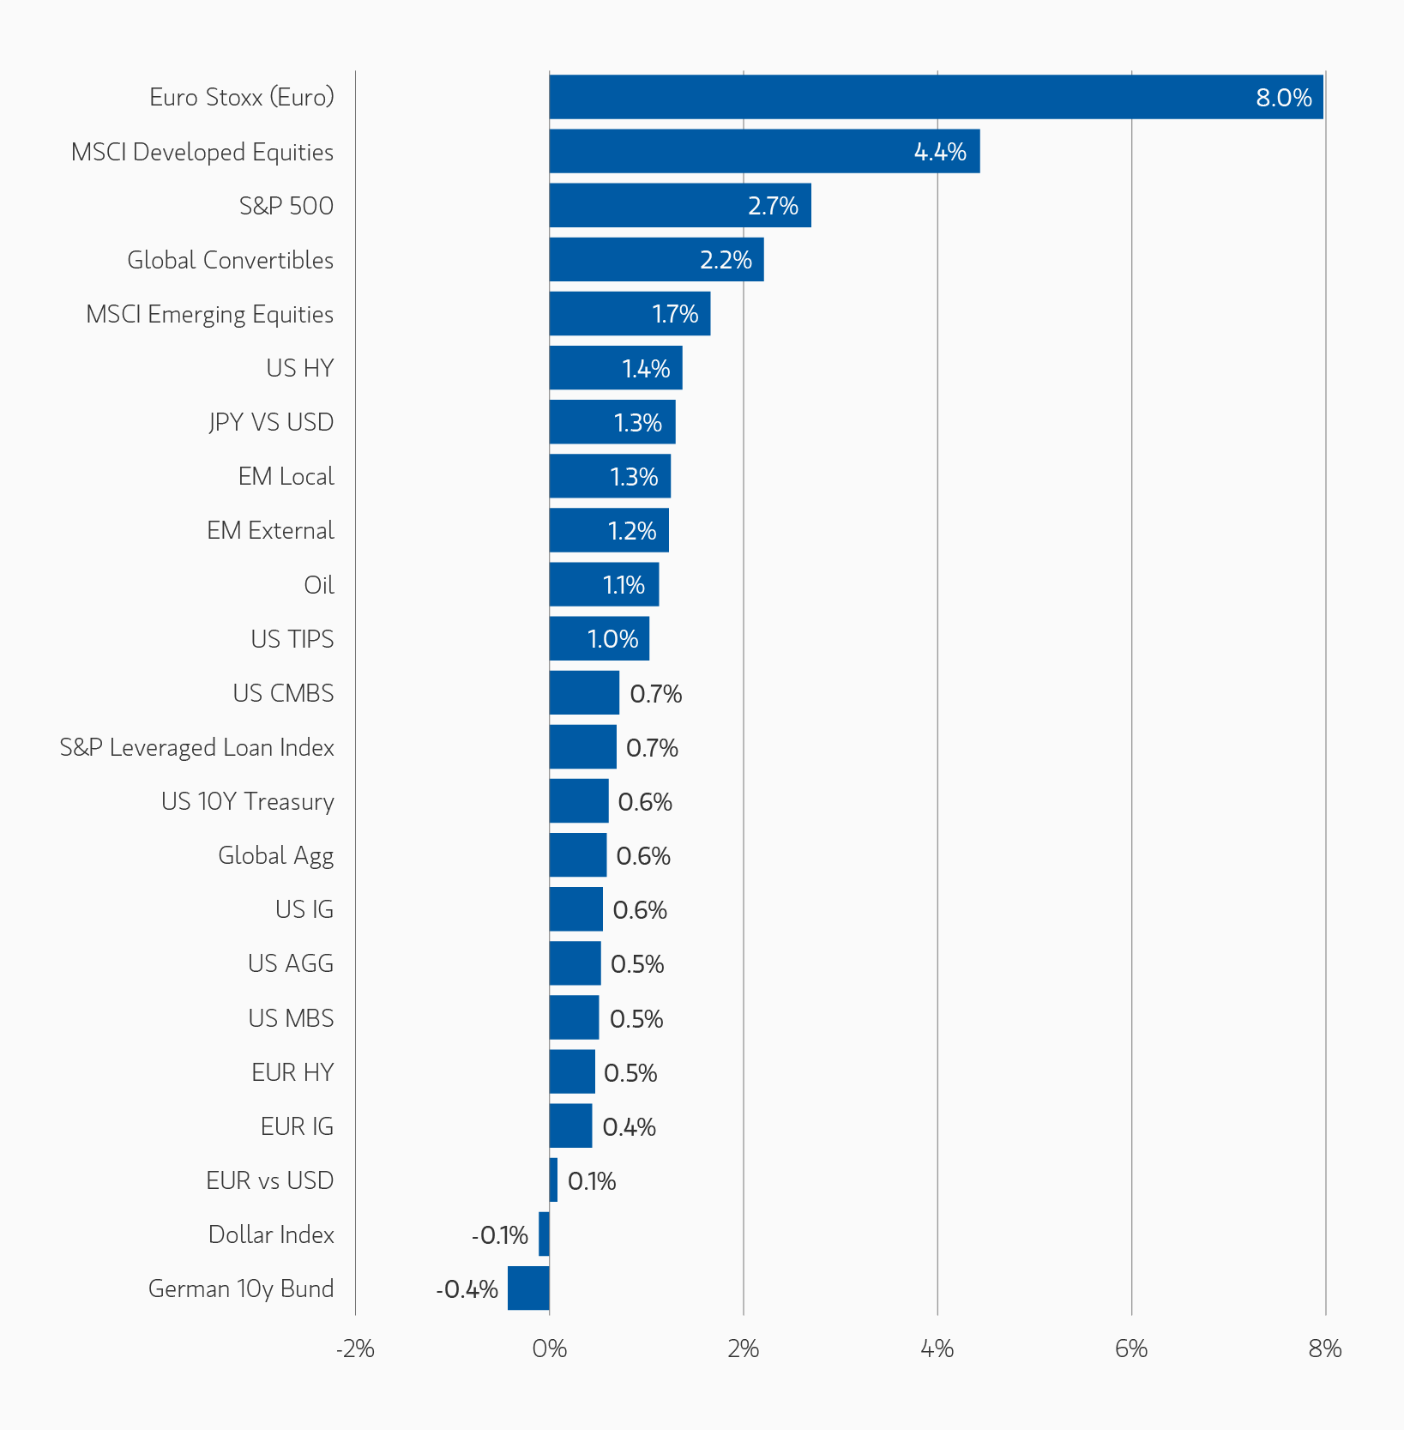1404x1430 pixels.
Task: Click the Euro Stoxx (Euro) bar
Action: pos(935,97)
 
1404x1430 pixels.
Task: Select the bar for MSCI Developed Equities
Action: pos(763,151)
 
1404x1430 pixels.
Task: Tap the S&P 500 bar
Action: pos(679,205)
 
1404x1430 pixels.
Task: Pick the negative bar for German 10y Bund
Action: pos(528,1288)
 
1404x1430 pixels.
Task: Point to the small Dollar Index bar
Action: pos(544,1234)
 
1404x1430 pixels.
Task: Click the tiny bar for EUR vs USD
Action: pos(553,1180)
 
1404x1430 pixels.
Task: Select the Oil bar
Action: pos(604,584)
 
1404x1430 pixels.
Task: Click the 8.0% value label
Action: pos(1283,98)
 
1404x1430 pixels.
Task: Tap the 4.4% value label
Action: pos(940,152)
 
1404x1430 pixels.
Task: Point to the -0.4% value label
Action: pos(467,1289)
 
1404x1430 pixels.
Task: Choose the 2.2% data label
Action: pos(726,260)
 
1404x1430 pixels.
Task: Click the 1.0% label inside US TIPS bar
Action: pos(612,639)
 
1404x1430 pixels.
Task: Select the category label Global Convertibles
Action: pos(230,260)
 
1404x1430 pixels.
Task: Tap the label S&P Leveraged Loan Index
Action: pos(196,747)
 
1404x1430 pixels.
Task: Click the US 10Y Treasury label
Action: pos(247,801)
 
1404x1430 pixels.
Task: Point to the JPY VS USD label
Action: pos(271,422)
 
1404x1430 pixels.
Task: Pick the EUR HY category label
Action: pos(292,1072)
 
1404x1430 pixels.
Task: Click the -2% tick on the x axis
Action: pos(355,1349)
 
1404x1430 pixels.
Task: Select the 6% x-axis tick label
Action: pos(1130,1349)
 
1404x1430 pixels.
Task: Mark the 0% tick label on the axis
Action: pos(549,1349)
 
